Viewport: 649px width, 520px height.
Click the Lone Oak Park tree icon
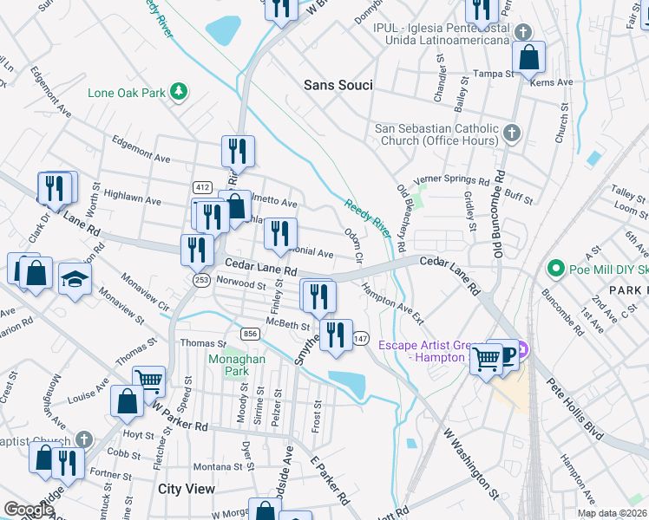179,91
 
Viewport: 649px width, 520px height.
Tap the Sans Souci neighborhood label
338,85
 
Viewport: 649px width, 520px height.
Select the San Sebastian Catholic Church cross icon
512,133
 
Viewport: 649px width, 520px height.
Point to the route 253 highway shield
202,279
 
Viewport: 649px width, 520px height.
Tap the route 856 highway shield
250,334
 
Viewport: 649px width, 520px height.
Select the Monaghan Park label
229,364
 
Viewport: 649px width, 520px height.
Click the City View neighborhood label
187,489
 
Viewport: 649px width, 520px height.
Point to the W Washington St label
470,466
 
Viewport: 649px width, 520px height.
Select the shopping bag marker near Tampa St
528,58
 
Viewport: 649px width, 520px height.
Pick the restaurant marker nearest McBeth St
336,334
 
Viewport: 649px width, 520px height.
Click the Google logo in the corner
28,510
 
